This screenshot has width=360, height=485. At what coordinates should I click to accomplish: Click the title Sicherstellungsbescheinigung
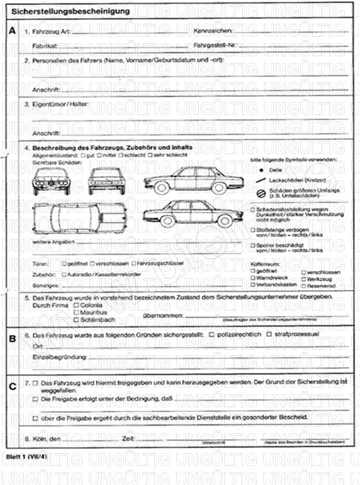click(x=67, y=11)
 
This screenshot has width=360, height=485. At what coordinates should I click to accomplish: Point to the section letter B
click(x=12, y=339)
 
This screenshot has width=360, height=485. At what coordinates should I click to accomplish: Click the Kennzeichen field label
click(x=213, y=30)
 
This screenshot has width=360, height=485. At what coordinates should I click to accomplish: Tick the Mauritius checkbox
click(x=76, y=312)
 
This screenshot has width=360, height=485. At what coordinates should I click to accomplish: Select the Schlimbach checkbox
click(x=76, y=320)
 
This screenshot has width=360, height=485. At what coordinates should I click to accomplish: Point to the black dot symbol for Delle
click(x=260, y=170)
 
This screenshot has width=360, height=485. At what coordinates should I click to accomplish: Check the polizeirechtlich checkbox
click(x=212, y=334)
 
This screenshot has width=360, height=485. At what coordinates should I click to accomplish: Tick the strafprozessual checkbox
click(x=269, y=334)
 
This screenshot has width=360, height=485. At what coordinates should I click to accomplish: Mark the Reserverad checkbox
click(x=303, y=285)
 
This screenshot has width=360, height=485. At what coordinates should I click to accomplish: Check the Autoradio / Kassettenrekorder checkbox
click(x=65, y=275)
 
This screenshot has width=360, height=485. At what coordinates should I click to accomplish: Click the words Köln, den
click(x=47, y=439)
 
